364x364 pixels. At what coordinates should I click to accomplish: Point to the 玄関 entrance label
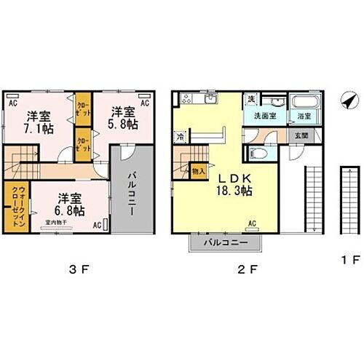(300, 135)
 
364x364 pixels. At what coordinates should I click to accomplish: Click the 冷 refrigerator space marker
(179, 136)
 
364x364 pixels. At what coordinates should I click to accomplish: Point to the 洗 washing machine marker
(251, 99)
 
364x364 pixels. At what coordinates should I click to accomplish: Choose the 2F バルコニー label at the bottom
(226, 242)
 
